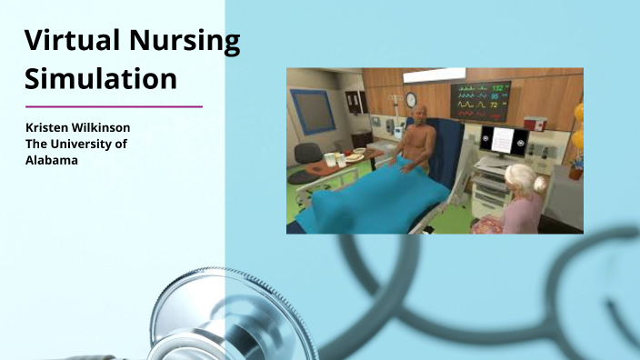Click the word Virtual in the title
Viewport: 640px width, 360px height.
coord(74,42)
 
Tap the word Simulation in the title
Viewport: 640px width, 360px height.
coord(100,79)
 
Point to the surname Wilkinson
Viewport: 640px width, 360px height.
coord(111,127)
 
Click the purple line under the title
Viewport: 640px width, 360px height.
coord(113,106)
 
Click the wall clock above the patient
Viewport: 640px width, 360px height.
coord(412,99)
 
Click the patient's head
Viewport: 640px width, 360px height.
coord(421,117)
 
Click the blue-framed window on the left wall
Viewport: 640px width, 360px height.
coord(314,111)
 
